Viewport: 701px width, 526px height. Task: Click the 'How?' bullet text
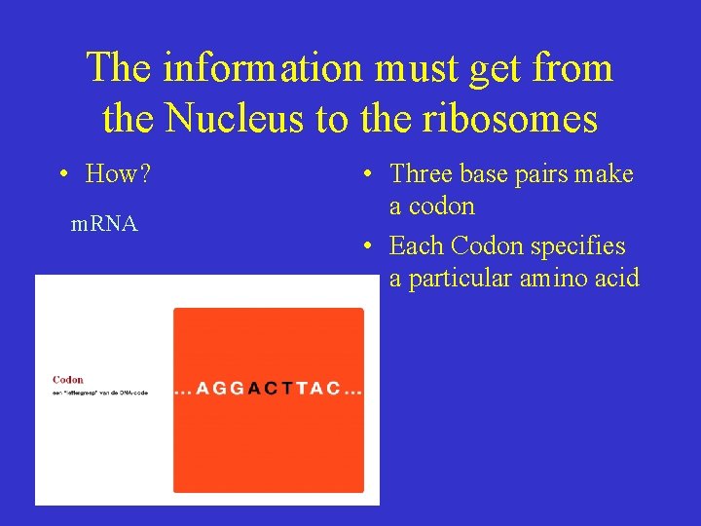(x=118, y=174)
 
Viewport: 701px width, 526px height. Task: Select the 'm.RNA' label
(x=105, y=224)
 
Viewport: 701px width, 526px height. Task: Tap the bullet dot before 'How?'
(x=62, y=175)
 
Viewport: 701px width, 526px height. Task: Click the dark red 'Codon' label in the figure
(x=68, y=380)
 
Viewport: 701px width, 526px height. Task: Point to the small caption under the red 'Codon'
(x=99, y=393)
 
